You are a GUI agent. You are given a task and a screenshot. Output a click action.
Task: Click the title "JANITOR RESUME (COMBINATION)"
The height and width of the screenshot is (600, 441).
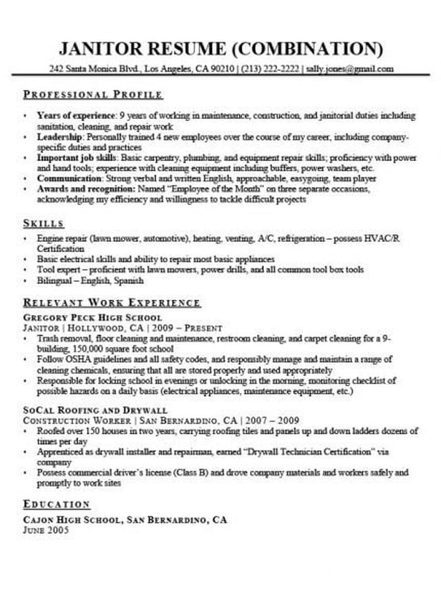tap(220, 48)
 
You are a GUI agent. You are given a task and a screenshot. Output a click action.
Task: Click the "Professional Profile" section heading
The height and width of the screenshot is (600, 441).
tap(93, 95)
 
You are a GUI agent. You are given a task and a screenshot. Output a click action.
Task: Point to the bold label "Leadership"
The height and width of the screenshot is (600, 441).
tap(60, 136)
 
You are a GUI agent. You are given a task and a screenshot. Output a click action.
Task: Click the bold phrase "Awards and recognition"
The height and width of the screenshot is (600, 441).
tap(86, 189)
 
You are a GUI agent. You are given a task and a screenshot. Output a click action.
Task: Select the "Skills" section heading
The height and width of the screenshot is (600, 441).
tap(43, 224)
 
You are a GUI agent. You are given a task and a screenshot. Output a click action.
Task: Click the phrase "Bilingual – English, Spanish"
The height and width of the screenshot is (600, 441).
tap(90, 280)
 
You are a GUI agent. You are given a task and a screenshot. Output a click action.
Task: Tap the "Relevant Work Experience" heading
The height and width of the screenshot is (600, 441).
tap(112, 303)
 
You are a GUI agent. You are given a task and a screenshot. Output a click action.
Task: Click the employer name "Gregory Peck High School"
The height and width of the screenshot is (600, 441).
tap(92, 318)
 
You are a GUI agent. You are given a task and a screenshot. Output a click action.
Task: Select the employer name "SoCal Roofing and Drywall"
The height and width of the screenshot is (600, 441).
tap(88, 410)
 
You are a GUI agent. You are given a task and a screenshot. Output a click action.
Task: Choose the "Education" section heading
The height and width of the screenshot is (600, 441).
tap(57, 505)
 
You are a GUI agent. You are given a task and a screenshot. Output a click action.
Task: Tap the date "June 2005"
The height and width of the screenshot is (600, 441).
tap(46, 530)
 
